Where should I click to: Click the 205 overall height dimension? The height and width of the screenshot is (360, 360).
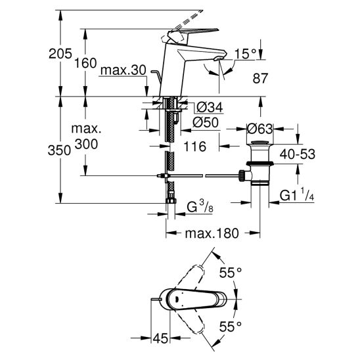(x=60, y=54)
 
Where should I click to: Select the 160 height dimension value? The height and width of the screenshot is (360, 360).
(x=85, y=63)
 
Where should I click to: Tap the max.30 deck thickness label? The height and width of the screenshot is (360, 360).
(x=124, y=70)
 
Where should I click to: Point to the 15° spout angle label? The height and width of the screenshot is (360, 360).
(x=245, y=54)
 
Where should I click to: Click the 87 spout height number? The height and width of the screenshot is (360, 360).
(x=260, y=78)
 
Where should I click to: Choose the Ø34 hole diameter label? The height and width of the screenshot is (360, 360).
(x=210, y=107)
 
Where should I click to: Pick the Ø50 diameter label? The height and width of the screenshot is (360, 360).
(x=206, y=122)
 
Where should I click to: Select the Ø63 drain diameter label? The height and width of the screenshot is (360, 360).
(x=259, y=129)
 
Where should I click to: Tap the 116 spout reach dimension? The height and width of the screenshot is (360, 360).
(x=194, y=146)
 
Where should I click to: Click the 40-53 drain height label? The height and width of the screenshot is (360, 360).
(x=298, y=154)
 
